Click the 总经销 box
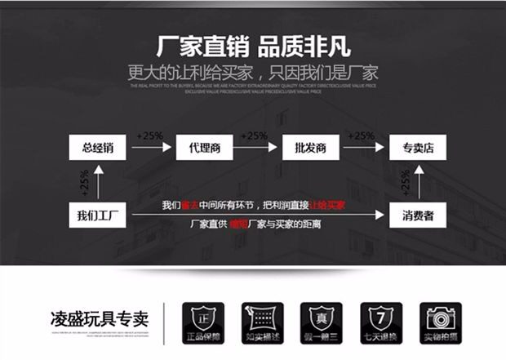pos(97,148)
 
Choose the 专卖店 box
pos(416,148)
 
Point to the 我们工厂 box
pos(97,216)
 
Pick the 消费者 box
pos(416,216)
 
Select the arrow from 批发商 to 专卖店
pos(364,148)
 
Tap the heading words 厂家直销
pos(189,46)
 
